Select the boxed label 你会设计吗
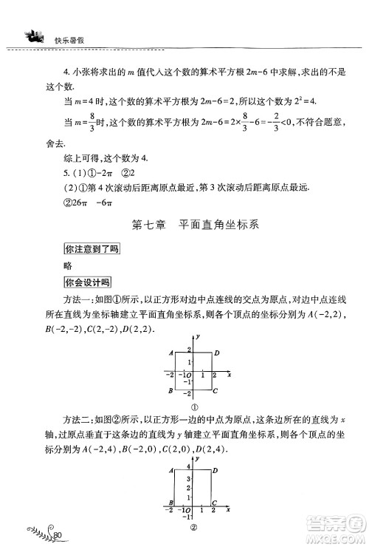88,282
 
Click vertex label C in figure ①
215,390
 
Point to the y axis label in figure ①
200,337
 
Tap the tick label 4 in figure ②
189,467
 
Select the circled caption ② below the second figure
193,528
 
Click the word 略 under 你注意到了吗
69,265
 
